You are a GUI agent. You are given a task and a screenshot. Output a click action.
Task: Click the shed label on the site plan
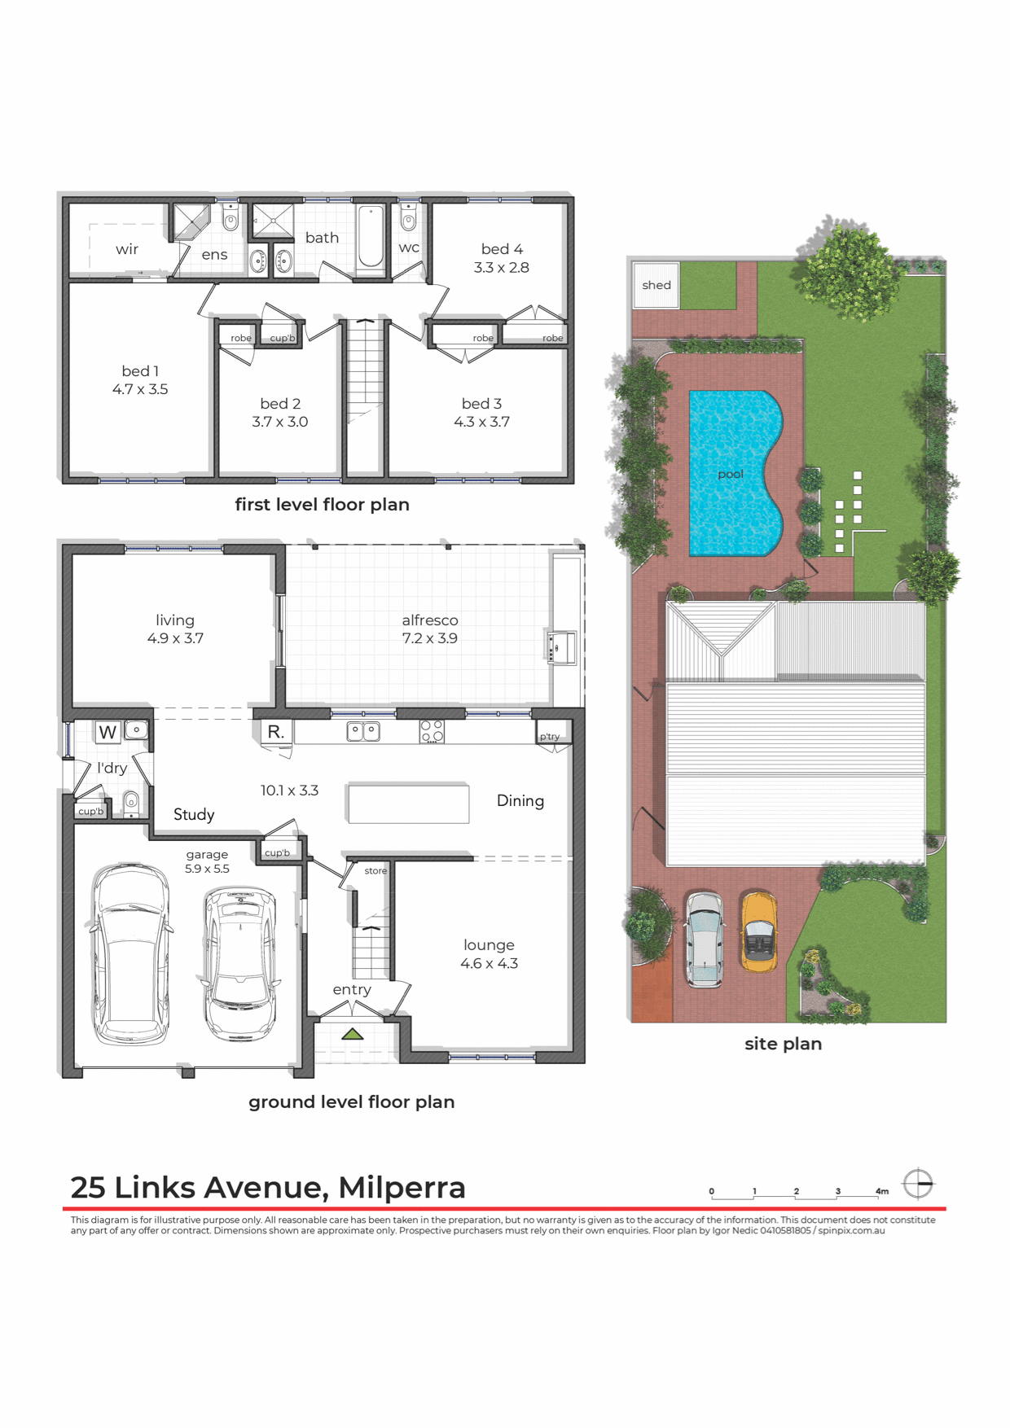(x=656, y=285)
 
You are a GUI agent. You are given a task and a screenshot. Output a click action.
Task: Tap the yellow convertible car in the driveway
(x=758, y=931)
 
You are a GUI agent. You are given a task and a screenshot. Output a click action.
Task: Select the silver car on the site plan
(x=704, y=940)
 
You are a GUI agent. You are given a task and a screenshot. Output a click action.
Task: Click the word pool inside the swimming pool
(x=731, y=474)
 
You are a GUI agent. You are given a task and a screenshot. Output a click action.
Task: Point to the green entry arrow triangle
(x=352, y=1034)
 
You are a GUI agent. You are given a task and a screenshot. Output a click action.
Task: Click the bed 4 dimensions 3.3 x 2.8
(x=502, y=268)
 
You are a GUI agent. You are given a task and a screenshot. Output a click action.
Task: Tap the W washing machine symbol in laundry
(x=108, y=732)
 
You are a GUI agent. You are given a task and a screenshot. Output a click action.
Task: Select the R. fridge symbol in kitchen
(x=276, y=731)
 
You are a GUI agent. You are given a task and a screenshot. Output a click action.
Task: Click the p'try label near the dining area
(x=550, y=737)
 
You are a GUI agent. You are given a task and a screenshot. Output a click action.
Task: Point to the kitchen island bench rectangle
(x=408, y=804)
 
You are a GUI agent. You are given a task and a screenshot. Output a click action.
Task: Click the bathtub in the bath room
(x=371, y=237)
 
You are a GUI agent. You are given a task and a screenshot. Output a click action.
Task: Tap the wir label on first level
(x=127, y=249)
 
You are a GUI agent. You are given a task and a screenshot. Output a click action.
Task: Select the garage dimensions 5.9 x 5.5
(x=207, y=869)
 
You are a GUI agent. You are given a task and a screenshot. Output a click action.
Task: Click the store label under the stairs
(x=375, y=870)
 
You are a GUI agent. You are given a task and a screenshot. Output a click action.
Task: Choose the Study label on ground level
(x=194, y=815)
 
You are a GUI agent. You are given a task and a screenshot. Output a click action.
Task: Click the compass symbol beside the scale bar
(x=918, y=1184)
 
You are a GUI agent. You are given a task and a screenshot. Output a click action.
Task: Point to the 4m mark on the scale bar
(x=881, y=1191)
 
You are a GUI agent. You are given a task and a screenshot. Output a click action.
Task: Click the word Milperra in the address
(x=402, y=1188)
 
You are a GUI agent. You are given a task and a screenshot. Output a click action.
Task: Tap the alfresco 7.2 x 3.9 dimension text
(x=429, y=639)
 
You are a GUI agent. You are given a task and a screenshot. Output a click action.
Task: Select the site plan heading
(x=783, y=1044)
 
